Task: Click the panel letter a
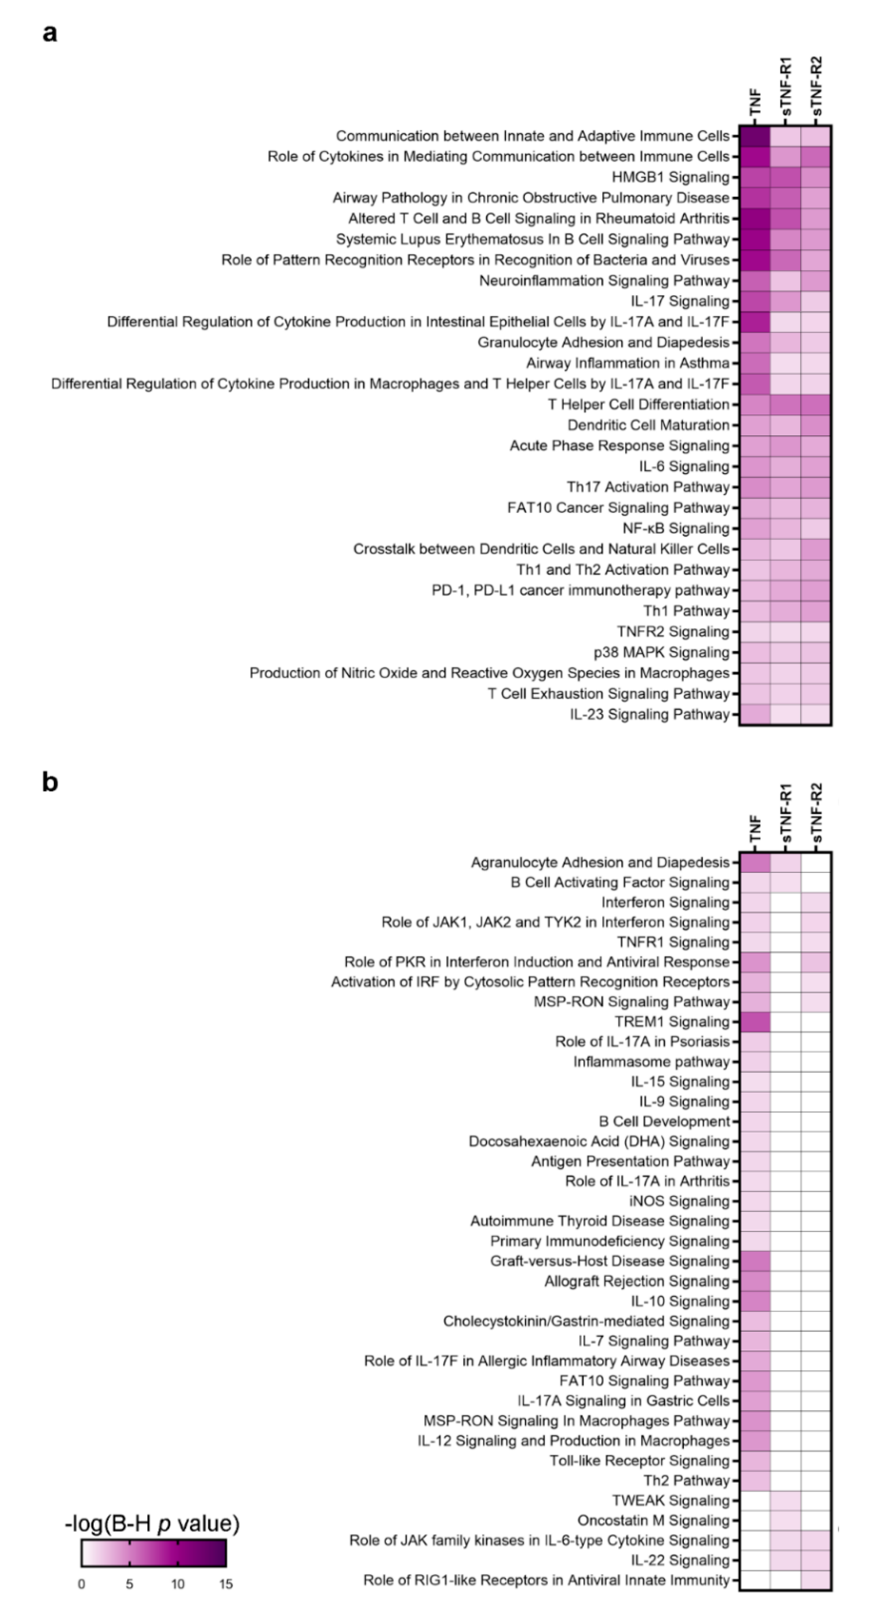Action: click(x=50, y=33)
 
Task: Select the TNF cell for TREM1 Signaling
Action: click(x=754, y=1022)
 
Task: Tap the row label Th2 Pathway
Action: click(x=686, y=1481)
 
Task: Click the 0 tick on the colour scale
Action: click(x=81, y=1584)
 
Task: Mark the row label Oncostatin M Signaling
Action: click(x=653, y=1521)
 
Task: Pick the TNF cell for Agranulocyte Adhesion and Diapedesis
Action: click(x=754, y=863)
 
